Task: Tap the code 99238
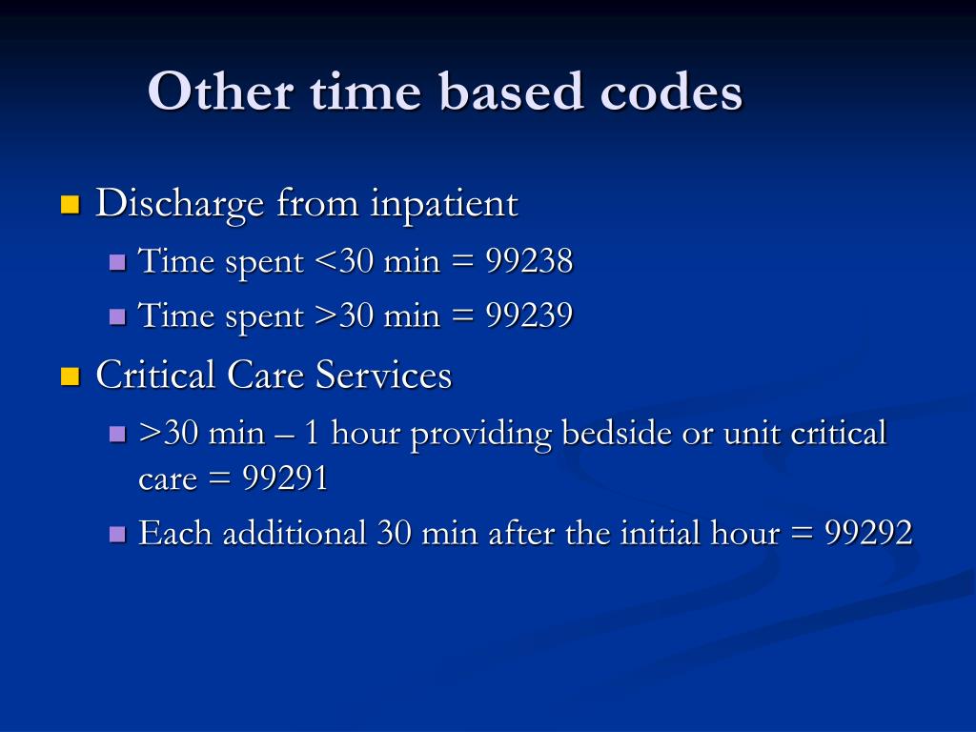[529, 260]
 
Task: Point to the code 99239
[529, 315]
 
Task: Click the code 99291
[285, 479]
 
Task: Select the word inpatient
[444, 203]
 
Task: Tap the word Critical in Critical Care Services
[156, 375]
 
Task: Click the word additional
[295, 534]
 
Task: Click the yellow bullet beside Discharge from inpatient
[69, 205]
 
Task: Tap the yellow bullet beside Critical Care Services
[69, 376]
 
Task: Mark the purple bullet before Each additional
[117, 535]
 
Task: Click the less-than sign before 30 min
[321, 261]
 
